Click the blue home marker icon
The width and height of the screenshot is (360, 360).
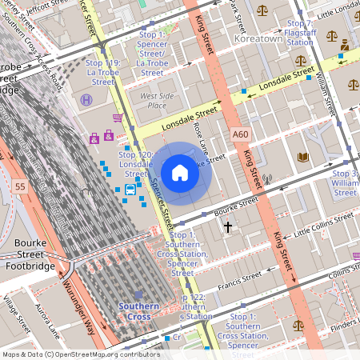tap(180, 173)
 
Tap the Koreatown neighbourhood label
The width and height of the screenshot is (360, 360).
tap(258, 38)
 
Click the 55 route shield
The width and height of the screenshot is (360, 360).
tap(19, 186)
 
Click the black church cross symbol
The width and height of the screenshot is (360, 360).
tap(227, 227)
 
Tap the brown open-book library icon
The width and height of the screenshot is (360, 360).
tap(302, 157)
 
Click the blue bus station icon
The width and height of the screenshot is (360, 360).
tap(130, 189)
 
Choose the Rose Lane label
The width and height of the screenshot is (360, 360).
tap(201, 138)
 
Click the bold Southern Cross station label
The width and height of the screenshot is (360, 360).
tap(140, 310)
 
